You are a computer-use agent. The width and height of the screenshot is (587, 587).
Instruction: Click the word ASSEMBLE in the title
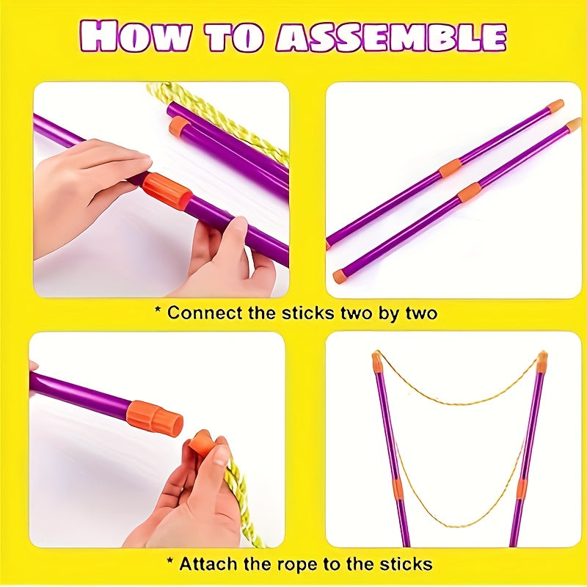tap(391, 37)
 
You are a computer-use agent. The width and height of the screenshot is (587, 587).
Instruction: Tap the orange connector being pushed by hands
tap(168, 191)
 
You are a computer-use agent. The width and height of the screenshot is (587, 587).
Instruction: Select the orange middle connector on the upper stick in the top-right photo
tap(450, 169)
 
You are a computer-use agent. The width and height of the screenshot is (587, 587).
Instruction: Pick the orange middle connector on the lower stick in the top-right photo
tap(469, 192)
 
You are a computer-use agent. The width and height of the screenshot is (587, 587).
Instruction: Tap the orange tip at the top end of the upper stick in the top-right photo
tap(556, 106)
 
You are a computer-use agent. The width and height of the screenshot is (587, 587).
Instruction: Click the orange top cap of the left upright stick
tap(376, 362)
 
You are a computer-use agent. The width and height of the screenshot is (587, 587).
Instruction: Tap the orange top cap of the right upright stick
tap(542, 362)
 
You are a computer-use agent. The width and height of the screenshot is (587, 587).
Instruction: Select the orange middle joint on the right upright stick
tap(521, 488)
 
